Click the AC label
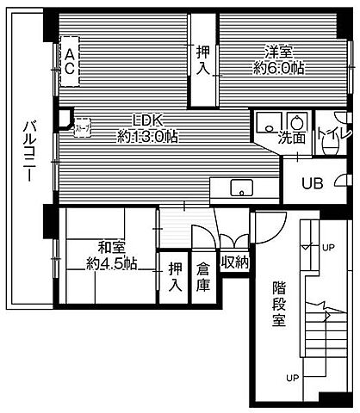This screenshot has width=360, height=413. tap(69, 62)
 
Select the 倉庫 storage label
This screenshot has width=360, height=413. tap(203, 275)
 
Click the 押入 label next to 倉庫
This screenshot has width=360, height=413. tap(176, 275)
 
